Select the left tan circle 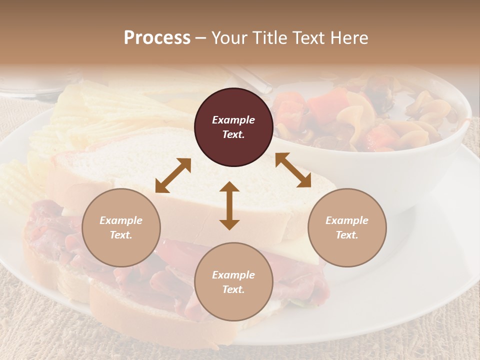click(121, 228)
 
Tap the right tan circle click(347, 228)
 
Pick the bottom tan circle click(233, 282)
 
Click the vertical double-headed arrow click(229, 205)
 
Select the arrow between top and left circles click(173, 175)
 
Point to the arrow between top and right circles click(293, 170)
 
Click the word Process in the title click(157, 38)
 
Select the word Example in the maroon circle click(233, 120)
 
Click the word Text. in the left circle click(121, 235)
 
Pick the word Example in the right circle click(347, 220)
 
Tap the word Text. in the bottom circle click(233, 289)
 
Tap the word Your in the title click(227, 38)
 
